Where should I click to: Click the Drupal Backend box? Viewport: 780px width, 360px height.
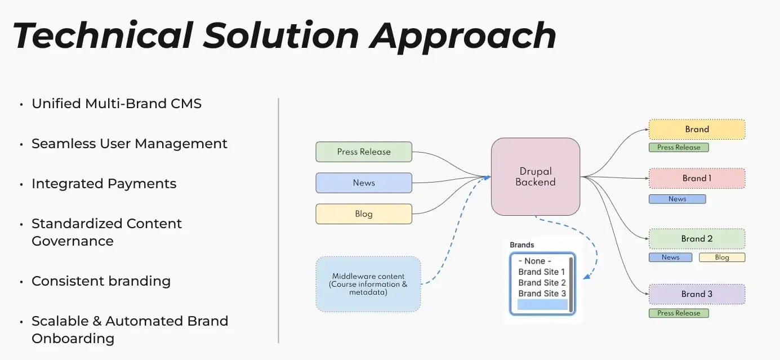point(535,177)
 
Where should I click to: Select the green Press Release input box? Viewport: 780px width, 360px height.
point(364,152)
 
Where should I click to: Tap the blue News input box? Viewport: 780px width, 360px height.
point(364,183)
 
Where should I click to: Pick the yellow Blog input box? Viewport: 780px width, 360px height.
point(364,214)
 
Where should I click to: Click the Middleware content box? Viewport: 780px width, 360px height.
point(368,284)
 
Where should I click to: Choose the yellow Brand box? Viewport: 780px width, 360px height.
point(697,129)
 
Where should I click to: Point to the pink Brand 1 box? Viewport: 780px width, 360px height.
point(697,178)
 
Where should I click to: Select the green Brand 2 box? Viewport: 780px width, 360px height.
point(697,238)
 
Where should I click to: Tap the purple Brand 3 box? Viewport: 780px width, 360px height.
point(697,294)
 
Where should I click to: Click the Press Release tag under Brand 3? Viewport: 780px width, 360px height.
point(679,313)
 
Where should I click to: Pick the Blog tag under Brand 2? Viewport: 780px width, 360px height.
point(721,257)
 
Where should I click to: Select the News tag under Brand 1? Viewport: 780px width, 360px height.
point(677,199)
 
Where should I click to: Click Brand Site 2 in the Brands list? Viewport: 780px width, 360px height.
point(542,283)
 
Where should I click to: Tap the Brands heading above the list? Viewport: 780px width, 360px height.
point(522,245)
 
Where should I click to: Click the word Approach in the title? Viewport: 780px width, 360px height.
point(462,35)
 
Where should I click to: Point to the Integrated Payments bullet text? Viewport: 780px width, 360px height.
point(104,184)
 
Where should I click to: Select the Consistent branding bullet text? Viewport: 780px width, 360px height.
point(101,281)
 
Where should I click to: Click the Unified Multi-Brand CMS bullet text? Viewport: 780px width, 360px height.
point(116,104)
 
